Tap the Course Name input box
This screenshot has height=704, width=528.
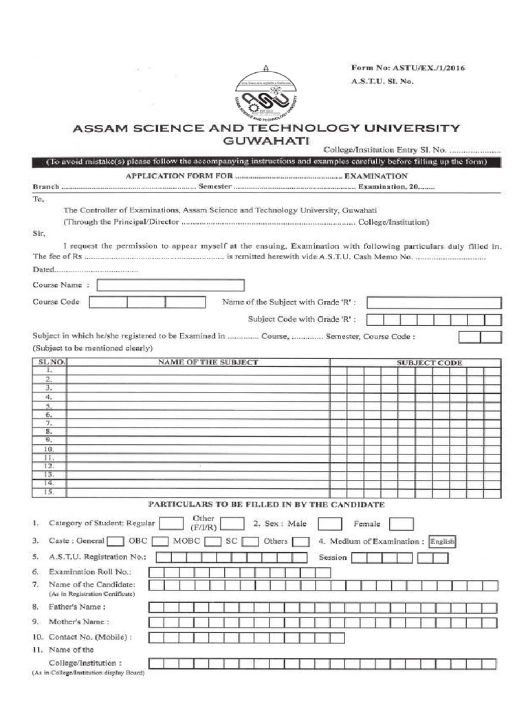tap(170, 285)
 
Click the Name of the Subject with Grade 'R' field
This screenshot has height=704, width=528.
tap(434, 302)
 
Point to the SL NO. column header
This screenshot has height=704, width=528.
tap(49, 362)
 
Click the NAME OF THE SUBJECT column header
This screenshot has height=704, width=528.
tap(208, 362)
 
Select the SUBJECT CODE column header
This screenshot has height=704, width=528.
tap(430, 362)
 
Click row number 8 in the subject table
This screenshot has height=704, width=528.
tap(49, 431)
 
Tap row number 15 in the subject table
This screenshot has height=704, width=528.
tap(49, 492)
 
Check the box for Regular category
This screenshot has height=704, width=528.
tap(171, 525)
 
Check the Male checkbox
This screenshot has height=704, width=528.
tap(330, 525)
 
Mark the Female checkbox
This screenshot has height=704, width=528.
tap(401, 525)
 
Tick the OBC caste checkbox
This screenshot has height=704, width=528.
tap(160, 542)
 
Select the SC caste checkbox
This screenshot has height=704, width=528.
tap(250, 542)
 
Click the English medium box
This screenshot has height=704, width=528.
tap(442, 542)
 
